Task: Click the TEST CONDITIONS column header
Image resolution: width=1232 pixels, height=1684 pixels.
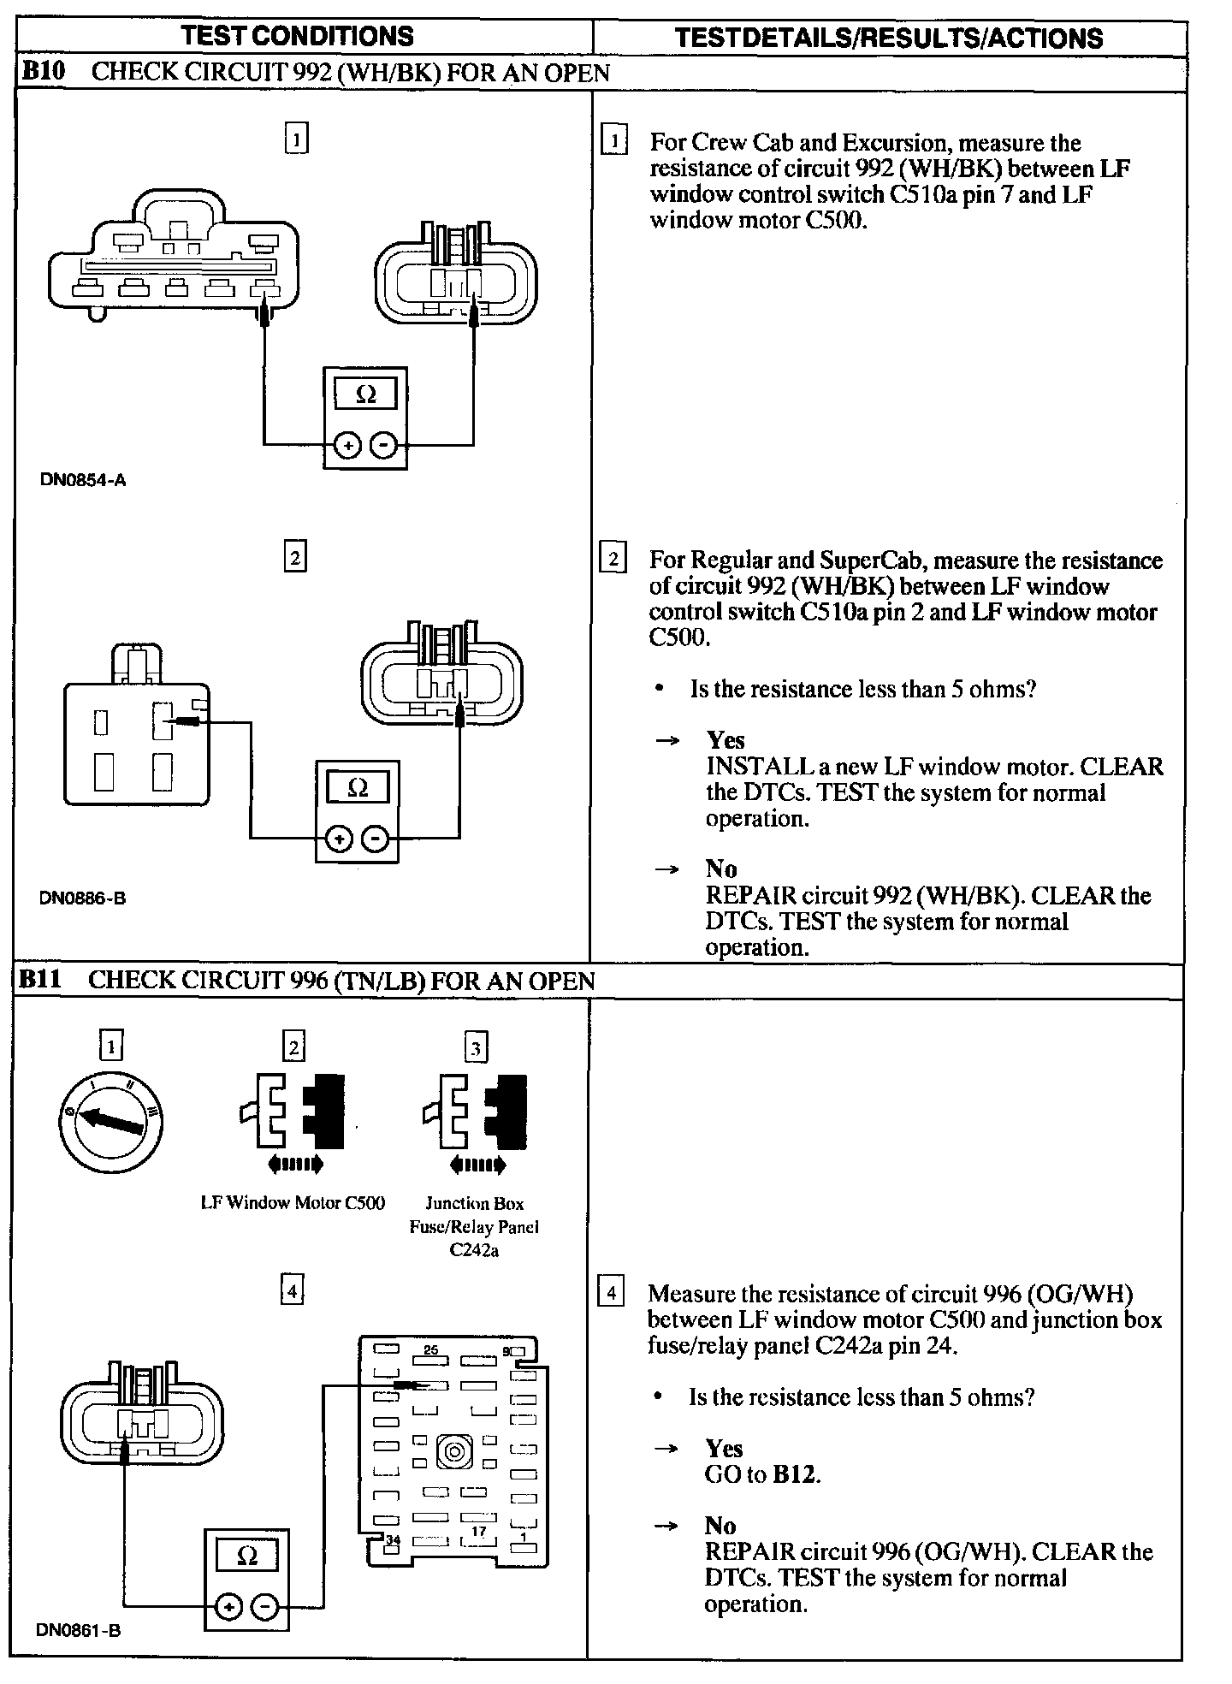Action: point(297,36)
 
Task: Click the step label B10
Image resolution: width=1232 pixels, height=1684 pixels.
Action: point(43,72)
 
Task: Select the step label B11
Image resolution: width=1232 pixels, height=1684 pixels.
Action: point(41,979)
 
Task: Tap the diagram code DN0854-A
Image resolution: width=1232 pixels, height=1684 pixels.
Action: point(83,480)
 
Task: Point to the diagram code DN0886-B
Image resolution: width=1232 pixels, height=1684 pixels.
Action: point(82,898)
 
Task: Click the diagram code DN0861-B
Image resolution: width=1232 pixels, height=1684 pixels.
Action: point(79,1630)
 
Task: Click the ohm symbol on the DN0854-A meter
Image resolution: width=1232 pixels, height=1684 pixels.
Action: point(365,394)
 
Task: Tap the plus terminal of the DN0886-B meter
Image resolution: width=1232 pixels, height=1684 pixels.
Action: point(339,839)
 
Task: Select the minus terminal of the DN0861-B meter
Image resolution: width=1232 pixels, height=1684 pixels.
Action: point(266,1609)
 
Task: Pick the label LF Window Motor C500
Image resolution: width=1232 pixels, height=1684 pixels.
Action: point(293,1203)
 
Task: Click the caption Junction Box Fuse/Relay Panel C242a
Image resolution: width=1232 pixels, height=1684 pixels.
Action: point(474,1227)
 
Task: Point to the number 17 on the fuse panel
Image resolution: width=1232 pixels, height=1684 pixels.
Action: point(479,1532)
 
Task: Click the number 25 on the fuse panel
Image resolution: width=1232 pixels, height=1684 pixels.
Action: point(430,1350)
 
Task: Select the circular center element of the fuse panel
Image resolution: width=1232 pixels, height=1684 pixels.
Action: point(454,1453)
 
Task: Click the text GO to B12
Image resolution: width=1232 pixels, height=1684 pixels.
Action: point(762,1474)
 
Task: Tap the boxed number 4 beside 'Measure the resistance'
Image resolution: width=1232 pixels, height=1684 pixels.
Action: point(611,1292)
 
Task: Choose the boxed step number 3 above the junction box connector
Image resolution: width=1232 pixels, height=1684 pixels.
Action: point(476,1048)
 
